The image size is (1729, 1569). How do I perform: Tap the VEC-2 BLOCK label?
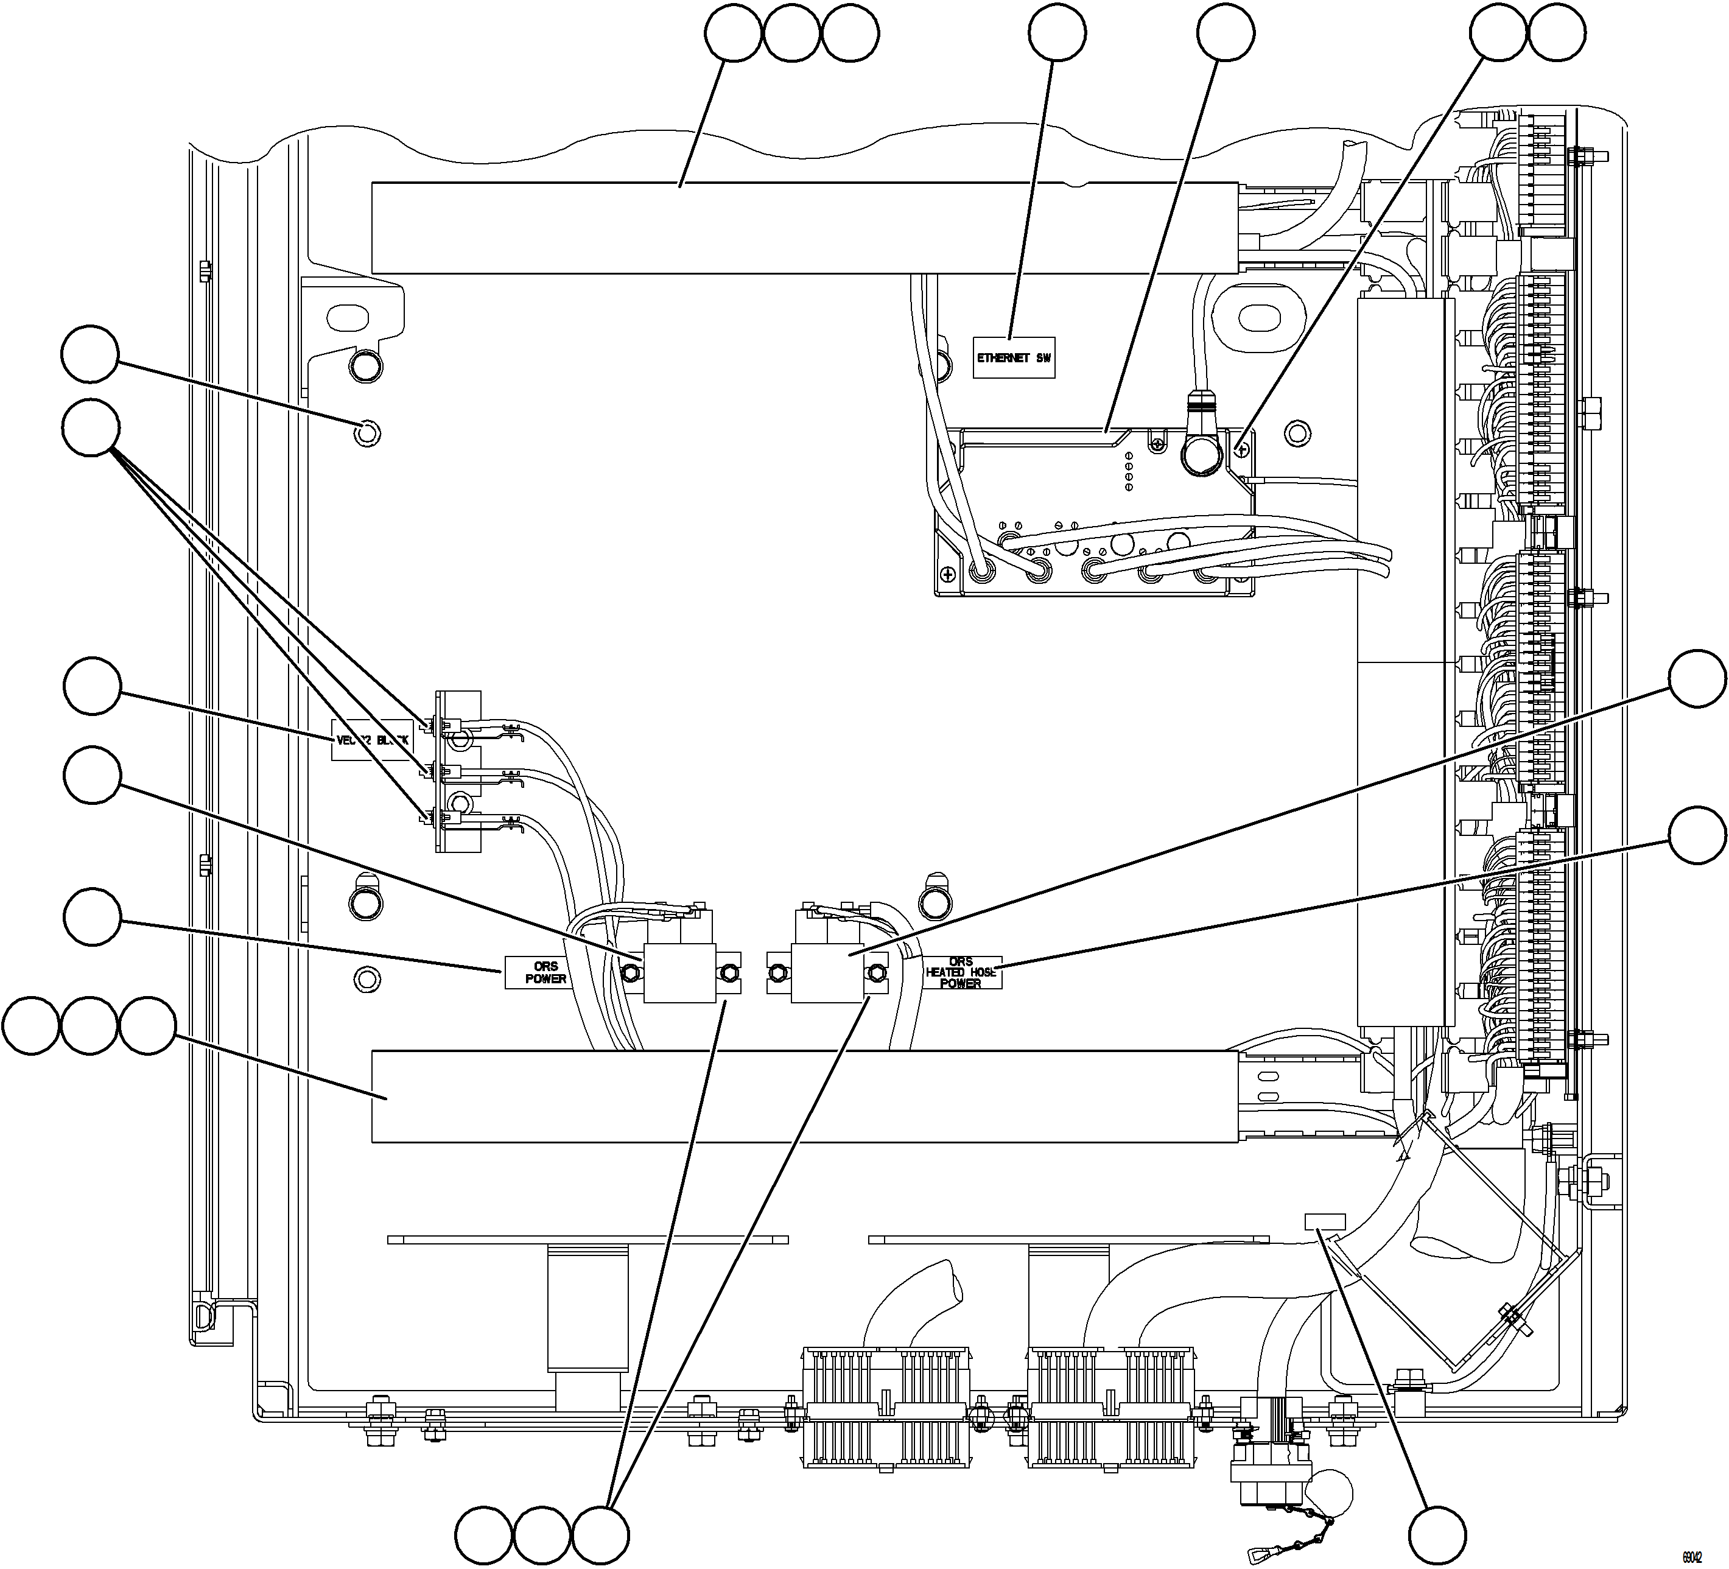(374, 740)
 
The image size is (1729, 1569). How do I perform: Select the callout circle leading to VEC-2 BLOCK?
(92, 686)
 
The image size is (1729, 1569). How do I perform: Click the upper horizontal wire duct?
(804, 228)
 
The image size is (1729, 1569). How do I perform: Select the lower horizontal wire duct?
(804, 1097)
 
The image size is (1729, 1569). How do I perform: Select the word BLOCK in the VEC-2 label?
(395, 740)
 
